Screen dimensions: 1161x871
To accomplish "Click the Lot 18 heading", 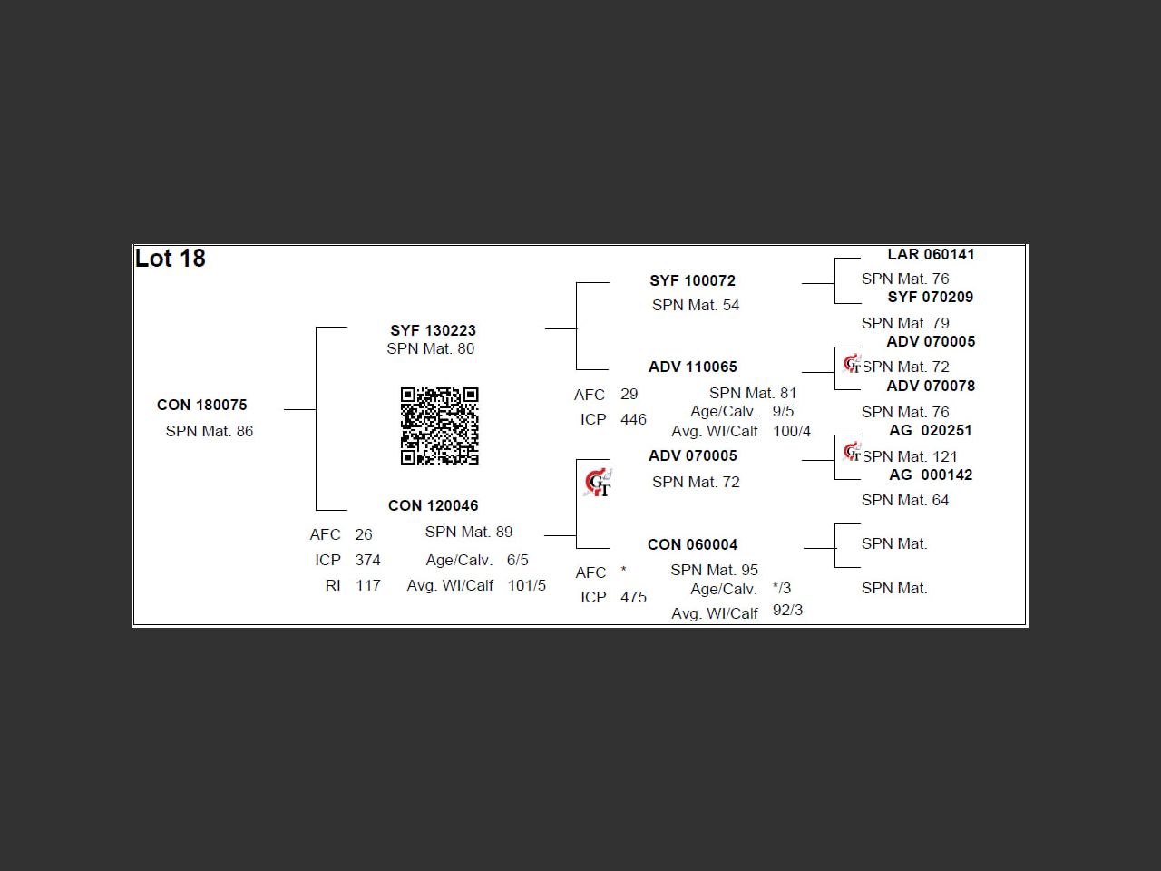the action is click(171, 259).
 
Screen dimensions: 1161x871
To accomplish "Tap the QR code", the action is click(440, 426).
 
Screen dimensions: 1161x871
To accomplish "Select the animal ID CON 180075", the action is click(202, 405).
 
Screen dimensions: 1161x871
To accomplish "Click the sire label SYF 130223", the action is click(434, 330).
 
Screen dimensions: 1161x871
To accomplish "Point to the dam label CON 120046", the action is click(434, 505).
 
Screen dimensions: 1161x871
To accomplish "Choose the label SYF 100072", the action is click(693, 281).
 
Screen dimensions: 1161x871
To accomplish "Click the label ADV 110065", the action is click(693, 367).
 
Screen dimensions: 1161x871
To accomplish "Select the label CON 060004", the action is click(693, 544).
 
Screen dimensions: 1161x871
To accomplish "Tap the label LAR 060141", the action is click(931, 255).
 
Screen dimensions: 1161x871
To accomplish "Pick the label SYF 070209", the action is click(931, 298).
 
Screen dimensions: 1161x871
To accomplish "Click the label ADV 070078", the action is click(931, 387).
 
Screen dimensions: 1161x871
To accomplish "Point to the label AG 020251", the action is click(931, 430).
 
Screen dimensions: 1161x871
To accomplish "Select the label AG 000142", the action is click(931, 475).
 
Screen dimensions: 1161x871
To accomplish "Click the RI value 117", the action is click(368, 585).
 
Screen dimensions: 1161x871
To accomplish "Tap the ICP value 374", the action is click(368, 560).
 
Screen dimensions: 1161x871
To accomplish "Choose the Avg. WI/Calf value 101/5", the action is click(527, 585).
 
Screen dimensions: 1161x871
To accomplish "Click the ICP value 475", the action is click(634, 597).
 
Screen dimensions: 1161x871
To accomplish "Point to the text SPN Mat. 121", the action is click(910, 456).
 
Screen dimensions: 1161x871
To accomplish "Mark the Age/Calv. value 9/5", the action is click(784, 411).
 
